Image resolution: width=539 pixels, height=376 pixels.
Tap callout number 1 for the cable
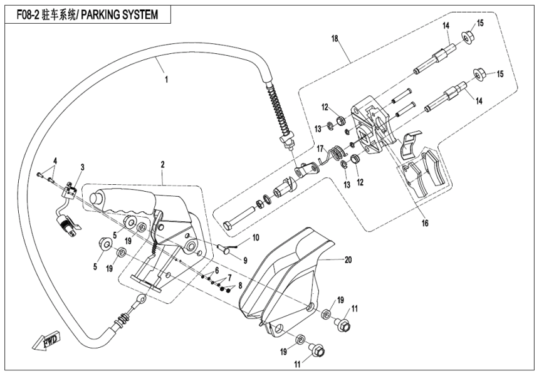point(166,80)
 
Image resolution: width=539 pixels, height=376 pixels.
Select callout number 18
point(335,39)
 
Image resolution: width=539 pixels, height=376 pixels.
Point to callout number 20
point(348,258)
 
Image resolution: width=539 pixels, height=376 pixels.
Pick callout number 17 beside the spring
point(319,149)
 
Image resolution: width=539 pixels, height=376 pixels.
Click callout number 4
point(55,160)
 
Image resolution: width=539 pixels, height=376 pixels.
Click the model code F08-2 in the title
point(23,14)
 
